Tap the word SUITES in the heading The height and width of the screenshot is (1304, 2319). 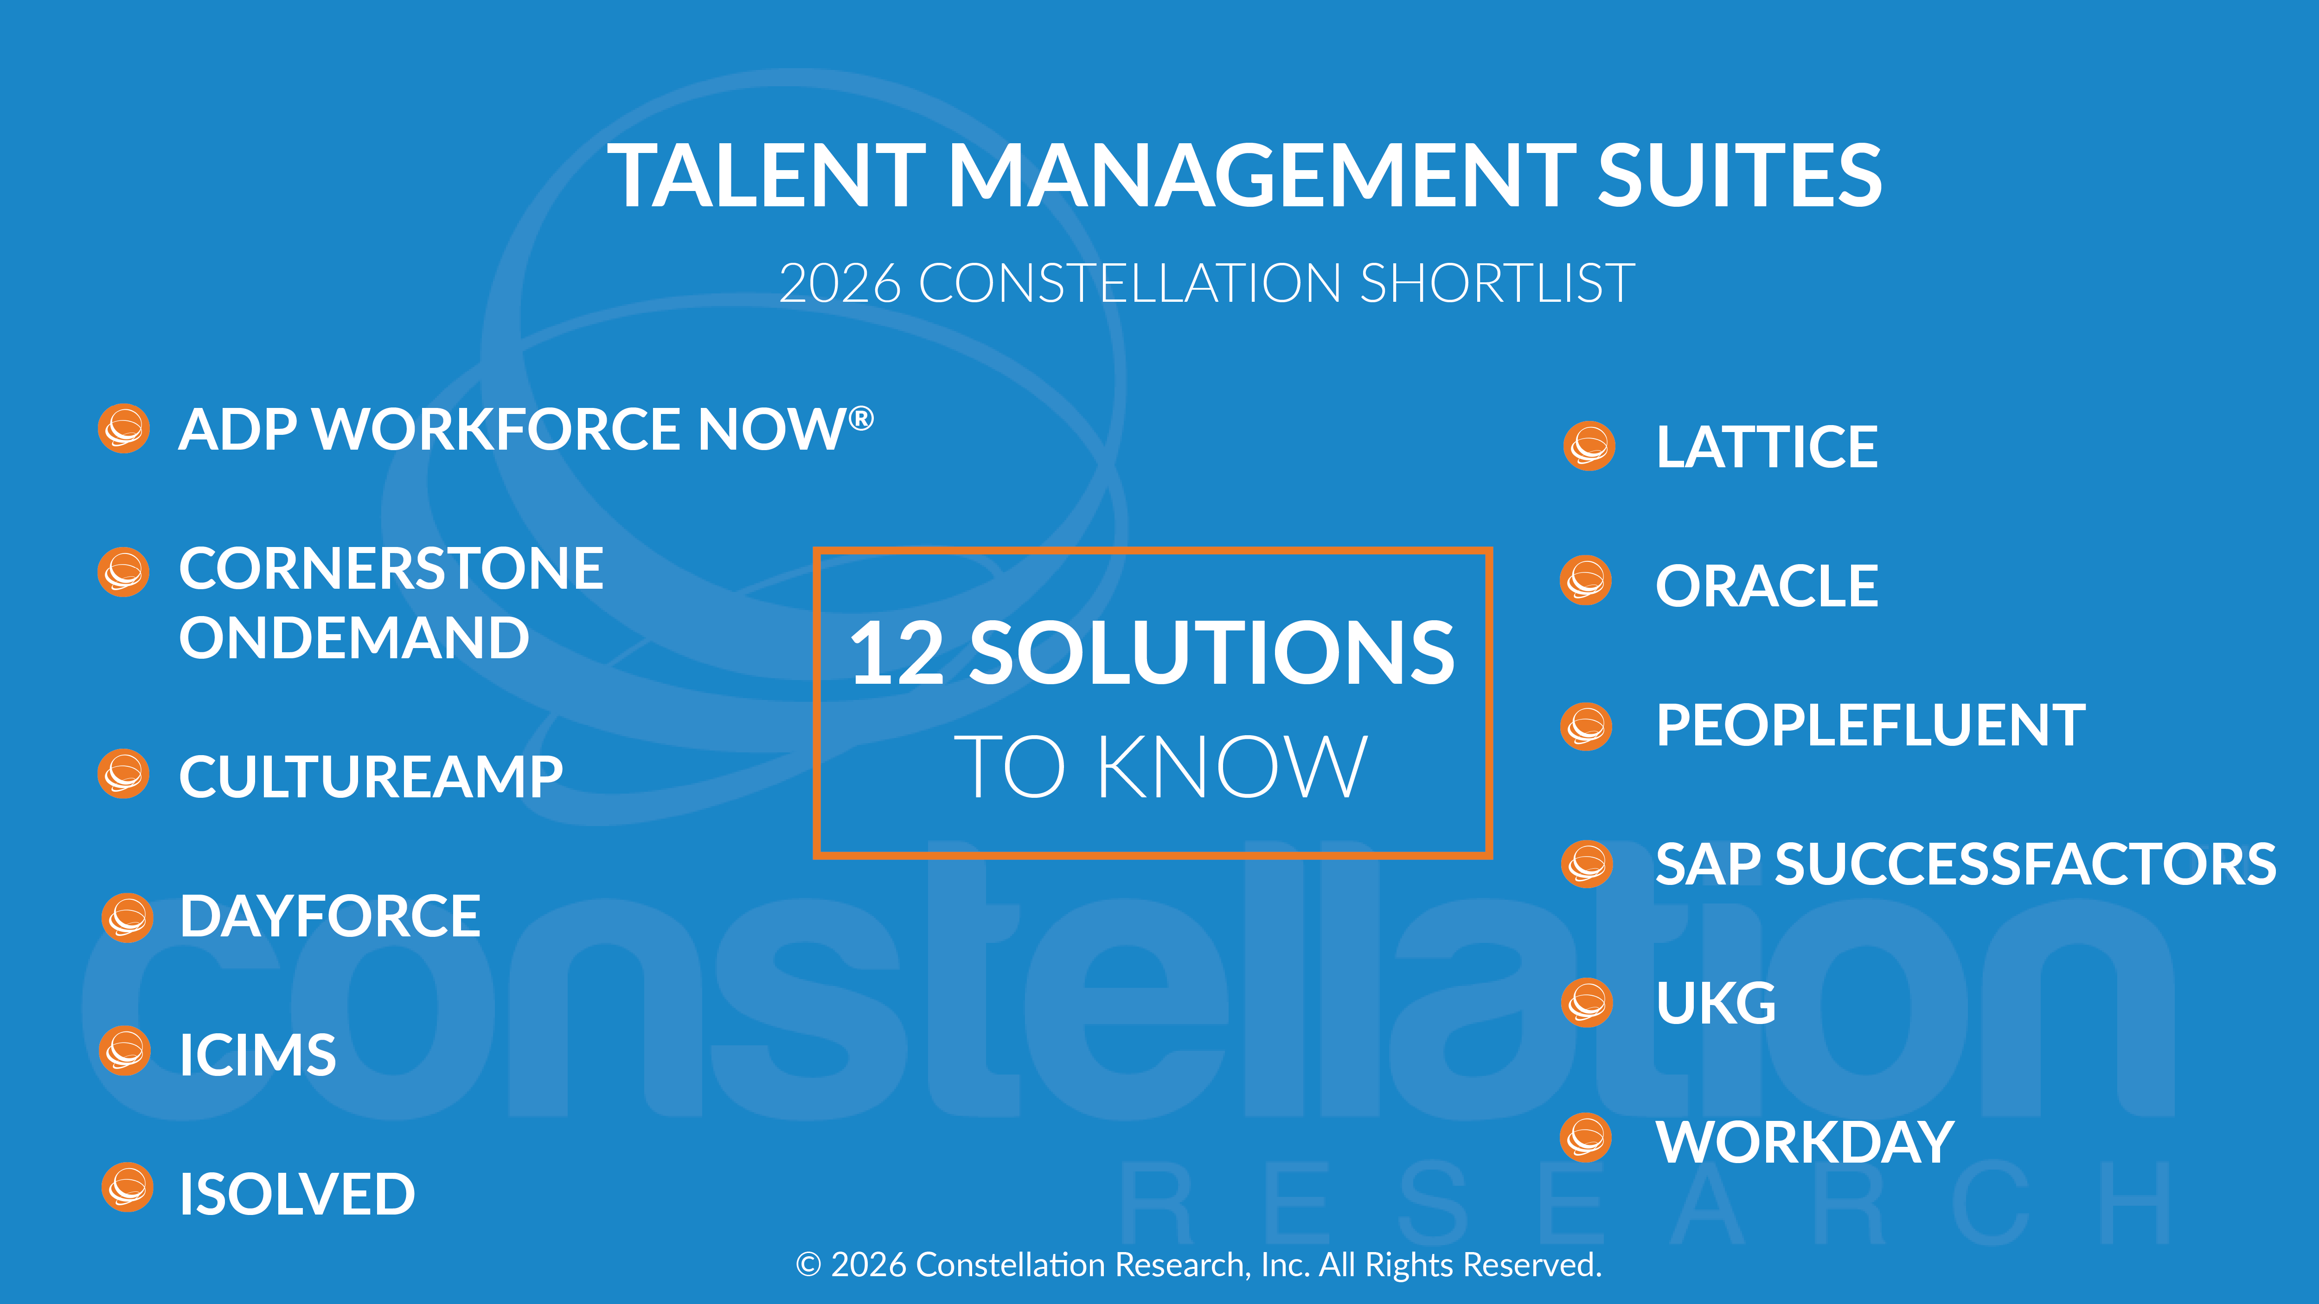coord(1739,177)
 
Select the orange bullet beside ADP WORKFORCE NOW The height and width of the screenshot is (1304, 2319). coord(123,428)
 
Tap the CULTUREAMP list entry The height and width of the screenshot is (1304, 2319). coord(370,776)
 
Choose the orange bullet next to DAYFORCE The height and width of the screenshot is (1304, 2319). coord(127,918)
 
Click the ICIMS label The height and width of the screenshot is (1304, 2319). coord(257,1055)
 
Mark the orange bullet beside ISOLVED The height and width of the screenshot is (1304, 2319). coord(127,1188)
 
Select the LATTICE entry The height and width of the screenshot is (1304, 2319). coord(1766,447)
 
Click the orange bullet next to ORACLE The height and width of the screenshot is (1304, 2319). coord(1585,580)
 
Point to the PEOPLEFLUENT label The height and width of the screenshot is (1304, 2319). coord(1870,725)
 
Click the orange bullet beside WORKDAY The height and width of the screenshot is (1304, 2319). coord(1585,1139)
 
